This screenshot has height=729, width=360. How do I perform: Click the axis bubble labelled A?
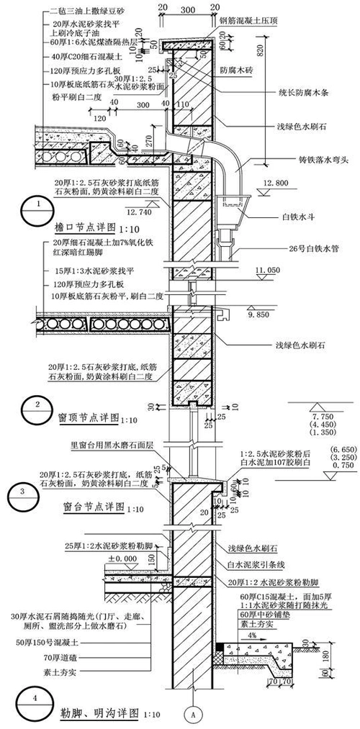coord(191,714)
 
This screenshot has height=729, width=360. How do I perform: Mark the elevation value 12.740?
coord(140,213)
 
